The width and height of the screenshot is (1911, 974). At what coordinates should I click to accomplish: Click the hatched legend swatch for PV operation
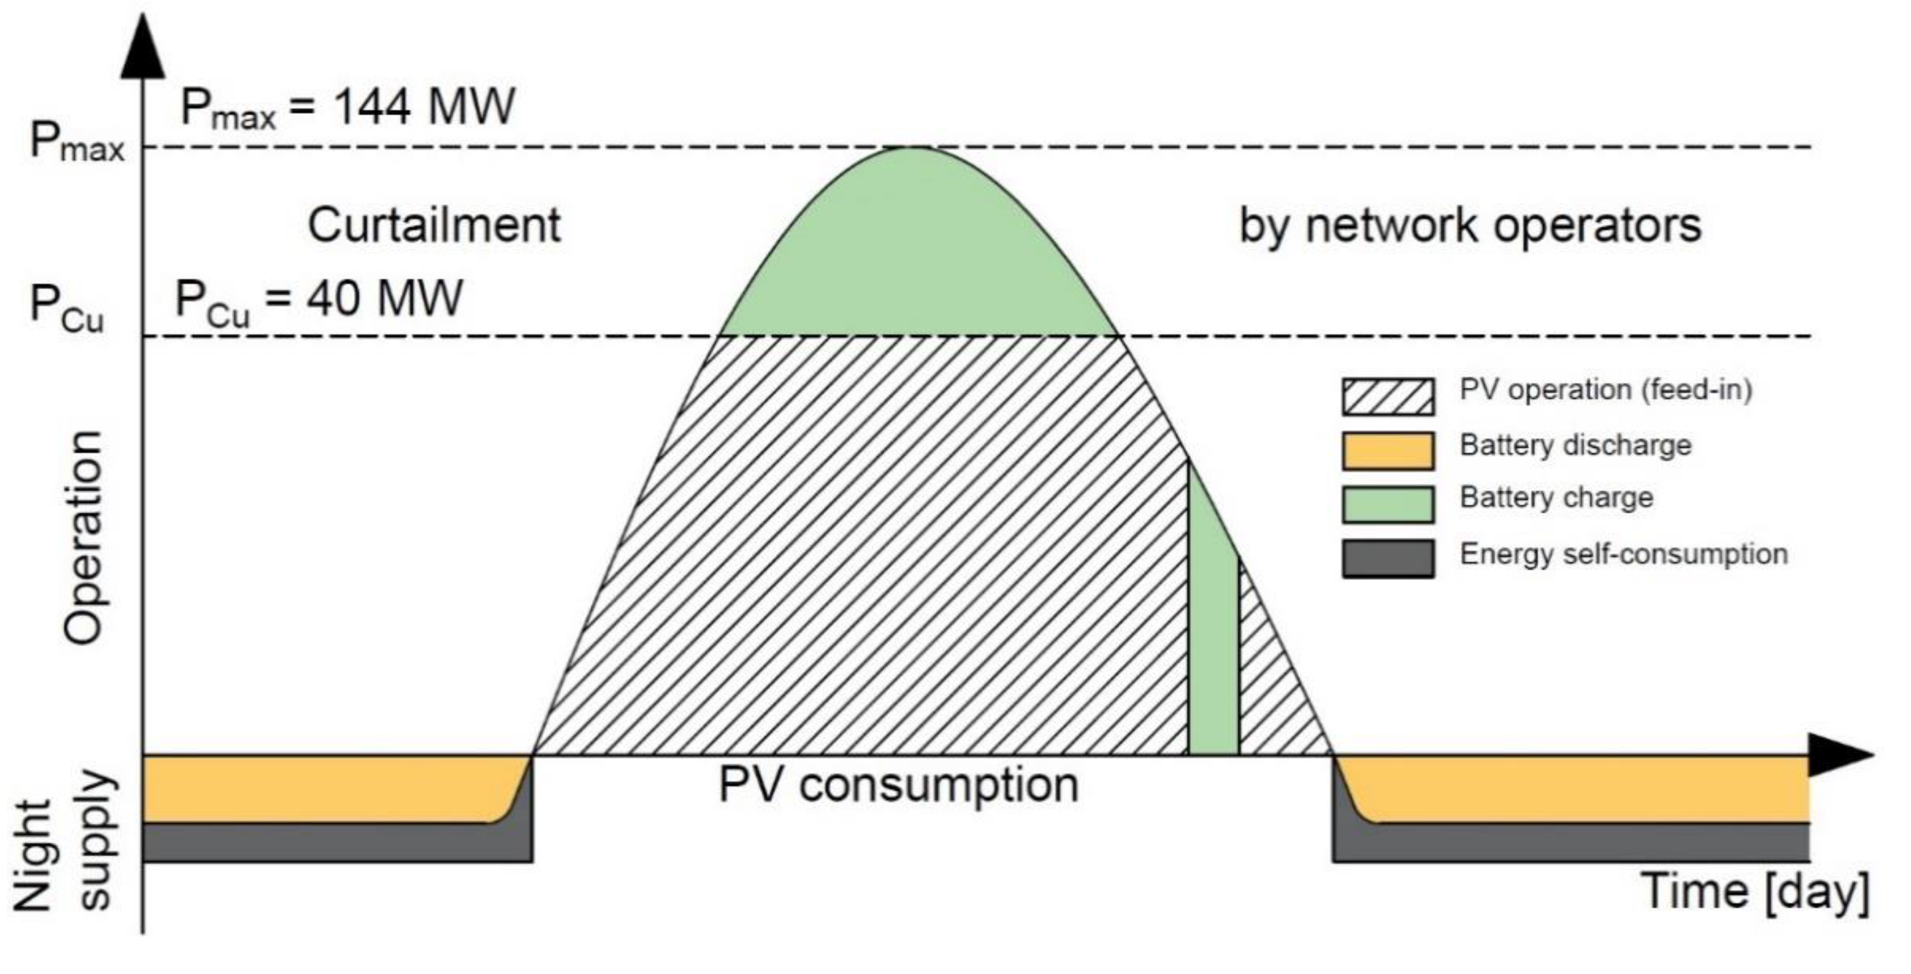point(1387,397)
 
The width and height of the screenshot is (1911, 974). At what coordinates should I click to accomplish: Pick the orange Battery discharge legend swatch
point(1387,451)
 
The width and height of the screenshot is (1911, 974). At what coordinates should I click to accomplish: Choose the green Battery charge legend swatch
point(1387,505)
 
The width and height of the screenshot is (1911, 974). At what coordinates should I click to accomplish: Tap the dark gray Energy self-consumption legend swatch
point(1387,558)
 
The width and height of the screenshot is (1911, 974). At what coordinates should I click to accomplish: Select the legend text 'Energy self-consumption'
point(1623,554)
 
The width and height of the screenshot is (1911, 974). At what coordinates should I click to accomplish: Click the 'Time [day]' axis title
point(1754,891)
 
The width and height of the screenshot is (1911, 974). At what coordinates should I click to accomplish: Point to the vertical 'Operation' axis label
point(83,537)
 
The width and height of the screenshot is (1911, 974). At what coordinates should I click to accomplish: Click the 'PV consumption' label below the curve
point(898,785)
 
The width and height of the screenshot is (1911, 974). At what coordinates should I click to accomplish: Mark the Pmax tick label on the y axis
point(77,144)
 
